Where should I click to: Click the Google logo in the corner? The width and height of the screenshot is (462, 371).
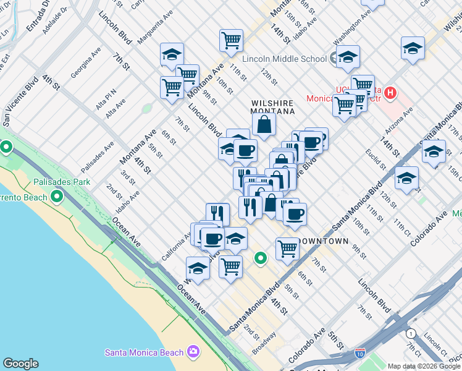[x=21, y=364]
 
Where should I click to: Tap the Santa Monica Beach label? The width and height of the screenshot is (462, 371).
[x=144, y=352]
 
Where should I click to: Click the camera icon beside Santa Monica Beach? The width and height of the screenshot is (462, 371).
[x=195, y=352]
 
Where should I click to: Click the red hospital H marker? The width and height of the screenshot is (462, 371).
[x=390, y=93]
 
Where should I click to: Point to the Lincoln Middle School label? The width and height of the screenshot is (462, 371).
[x=284, y=59]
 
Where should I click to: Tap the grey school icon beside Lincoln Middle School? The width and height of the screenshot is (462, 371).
[x=337, y=59]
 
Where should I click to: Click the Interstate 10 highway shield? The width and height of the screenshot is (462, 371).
[x=361, y=354]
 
